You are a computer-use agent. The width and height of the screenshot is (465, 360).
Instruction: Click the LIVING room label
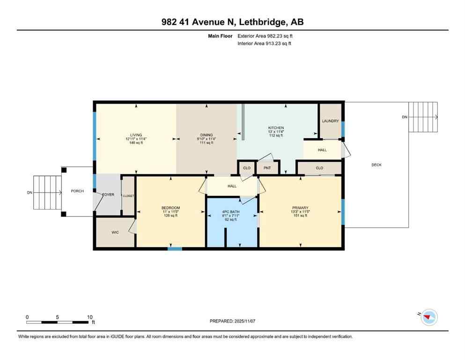point(136,135)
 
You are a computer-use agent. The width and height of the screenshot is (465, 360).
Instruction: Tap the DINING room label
point(207,135)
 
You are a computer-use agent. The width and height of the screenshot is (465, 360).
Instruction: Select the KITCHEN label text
point(276,128)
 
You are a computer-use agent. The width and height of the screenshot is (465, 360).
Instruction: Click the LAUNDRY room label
point(330,121)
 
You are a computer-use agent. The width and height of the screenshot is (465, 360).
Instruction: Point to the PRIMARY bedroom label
point(300,208)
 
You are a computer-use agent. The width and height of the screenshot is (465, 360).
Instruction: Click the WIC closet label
point(115,232)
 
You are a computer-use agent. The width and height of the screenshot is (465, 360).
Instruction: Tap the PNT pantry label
point(267,167)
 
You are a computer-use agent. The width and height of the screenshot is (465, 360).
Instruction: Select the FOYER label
point(108,195)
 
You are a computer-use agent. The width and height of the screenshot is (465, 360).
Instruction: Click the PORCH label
point(77,191)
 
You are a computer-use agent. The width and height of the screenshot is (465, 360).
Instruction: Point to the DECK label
point(376,165)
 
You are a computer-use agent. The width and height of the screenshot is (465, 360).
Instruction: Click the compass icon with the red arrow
point(428,318)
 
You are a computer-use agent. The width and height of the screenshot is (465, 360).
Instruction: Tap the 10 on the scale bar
point(89,317)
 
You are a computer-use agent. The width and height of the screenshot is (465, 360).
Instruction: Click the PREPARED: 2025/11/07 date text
point(233,321)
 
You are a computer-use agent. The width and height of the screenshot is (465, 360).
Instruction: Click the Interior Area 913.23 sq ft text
point(265,44)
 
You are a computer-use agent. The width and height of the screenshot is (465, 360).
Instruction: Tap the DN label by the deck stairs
point(405,117)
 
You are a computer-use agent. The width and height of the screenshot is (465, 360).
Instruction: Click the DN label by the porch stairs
point(30,193)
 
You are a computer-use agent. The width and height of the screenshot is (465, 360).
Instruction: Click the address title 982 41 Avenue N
point(232,22)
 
